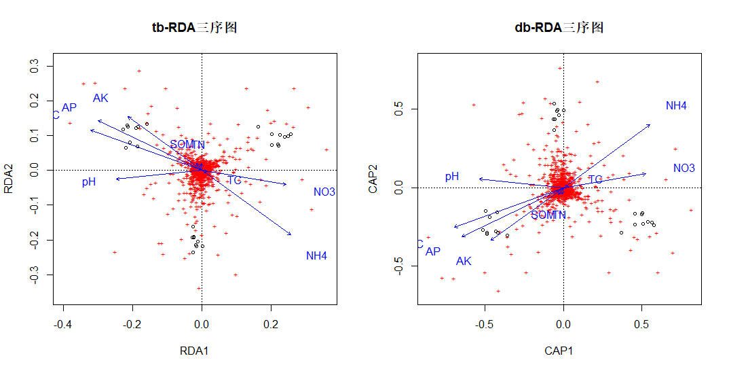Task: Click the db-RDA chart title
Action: point(559,28)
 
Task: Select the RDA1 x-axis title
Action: point(195,351)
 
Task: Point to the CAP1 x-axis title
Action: point(563,351)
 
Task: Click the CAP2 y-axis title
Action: point(373,175)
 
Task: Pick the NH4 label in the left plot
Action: point(316,256)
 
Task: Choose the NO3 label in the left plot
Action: point(324,192)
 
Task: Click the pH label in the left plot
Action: point(89,182)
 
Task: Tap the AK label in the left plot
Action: point(100,99)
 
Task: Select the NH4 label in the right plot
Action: point(676,106)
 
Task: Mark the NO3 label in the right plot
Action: point(684,169)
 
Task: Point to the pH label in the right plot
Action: point(452,177)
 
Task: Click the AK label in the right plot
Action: point(464,262)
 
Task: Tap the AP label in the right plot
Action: point(433,252)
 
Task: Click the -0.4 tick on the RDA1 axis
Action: point(63,323)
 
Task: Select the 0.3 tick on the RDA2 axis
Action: point(32,66)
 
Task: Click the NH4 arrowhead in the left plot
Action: point(291,235)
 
